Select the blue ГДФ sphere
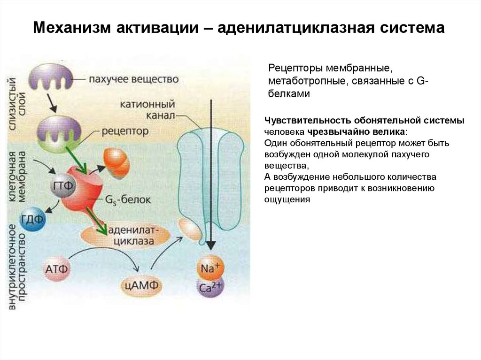click(32, 219)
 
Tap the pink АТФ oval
click(58, 269)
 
